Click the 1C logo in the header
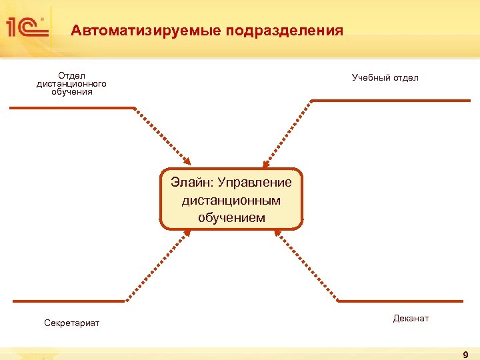[x=27, y=28]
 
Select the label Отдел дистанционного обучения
[x=71, y=84]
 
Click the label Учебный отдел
[x=385, y=78]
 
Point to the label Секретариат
[x=71, y=323]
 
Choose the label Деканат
[x=411, y=319]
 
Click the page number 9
[x=465, y=354]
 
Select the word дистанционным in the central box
[x=231, y=200]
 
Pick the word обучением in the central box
[x=231, y=218]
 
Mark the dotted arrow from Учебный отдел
[x=287, y=133]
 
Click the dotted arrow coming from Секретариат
[x=158, y=265]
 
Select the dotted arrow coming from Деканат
[x=307, y=265]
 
